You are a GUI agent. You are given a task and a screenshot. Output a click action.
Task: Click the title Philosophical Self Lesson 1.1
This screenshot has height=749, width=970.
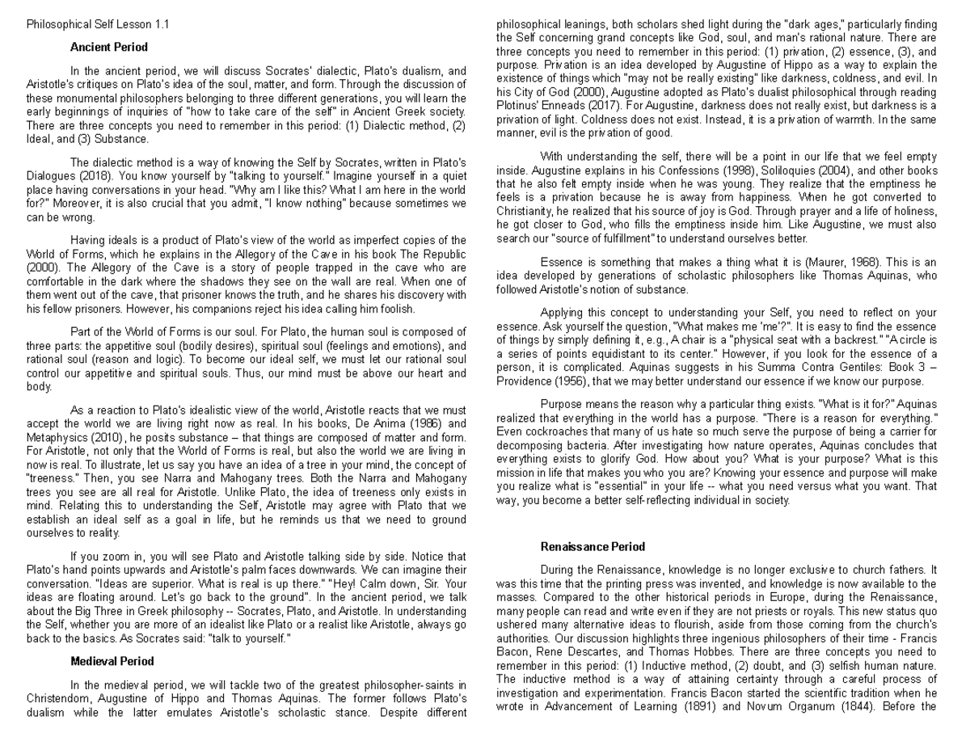click(x=98, y=24)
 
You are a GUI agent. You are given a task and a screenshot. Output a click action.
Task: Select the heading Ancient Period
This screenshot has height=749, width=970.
click(x=109, y=47)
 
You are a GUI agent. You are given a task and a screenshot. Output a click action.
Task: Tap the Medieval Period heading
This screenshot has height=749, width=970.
click(x=112, y=661)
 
